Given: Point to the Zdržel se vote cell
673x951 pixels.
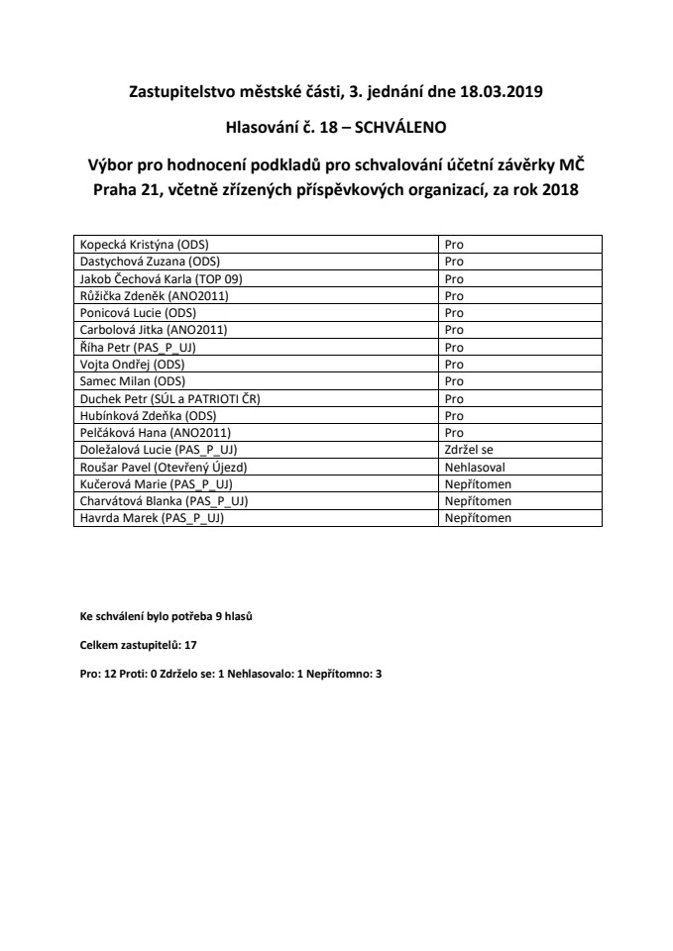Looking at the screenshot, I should [x=469, y=449].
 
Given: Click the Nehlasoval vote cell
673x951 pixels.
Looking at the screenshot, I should [x=475, y=466].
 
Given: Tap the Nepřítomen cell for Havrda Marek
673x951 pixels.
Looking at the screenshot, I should [x=478, y=517].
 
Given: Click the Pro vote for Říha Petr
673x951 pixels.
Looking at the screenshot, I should [x=454, y=347].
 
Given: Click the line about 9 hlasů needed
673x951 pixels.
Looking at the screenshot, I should [x=167, y=616].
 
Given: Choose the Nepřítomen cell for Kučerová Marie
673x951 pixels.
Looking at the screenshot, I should [x=478, y=483].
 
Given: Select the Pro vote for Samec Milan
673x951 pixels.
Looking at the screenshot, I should [x=454, y=380].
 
